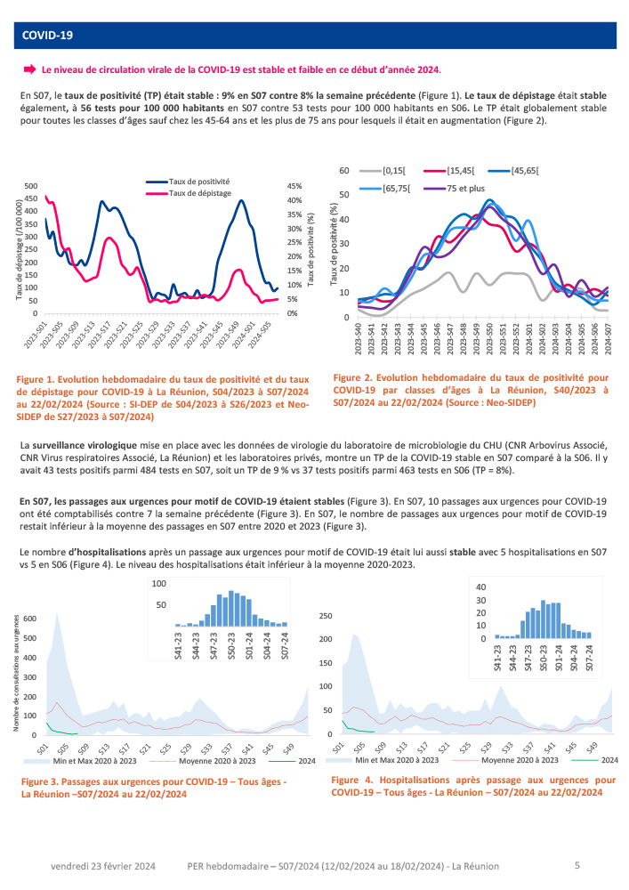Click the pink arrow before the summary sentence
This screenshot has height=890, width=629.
[x=29, y=69]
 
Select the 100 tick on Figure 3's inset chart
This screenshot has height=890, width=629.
[x=159, y=584]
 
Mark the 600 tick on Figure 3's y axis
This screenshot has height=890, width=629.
[x=30, y=619]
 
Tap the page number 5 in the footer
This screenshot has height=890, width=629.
[x=577, y=864]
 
